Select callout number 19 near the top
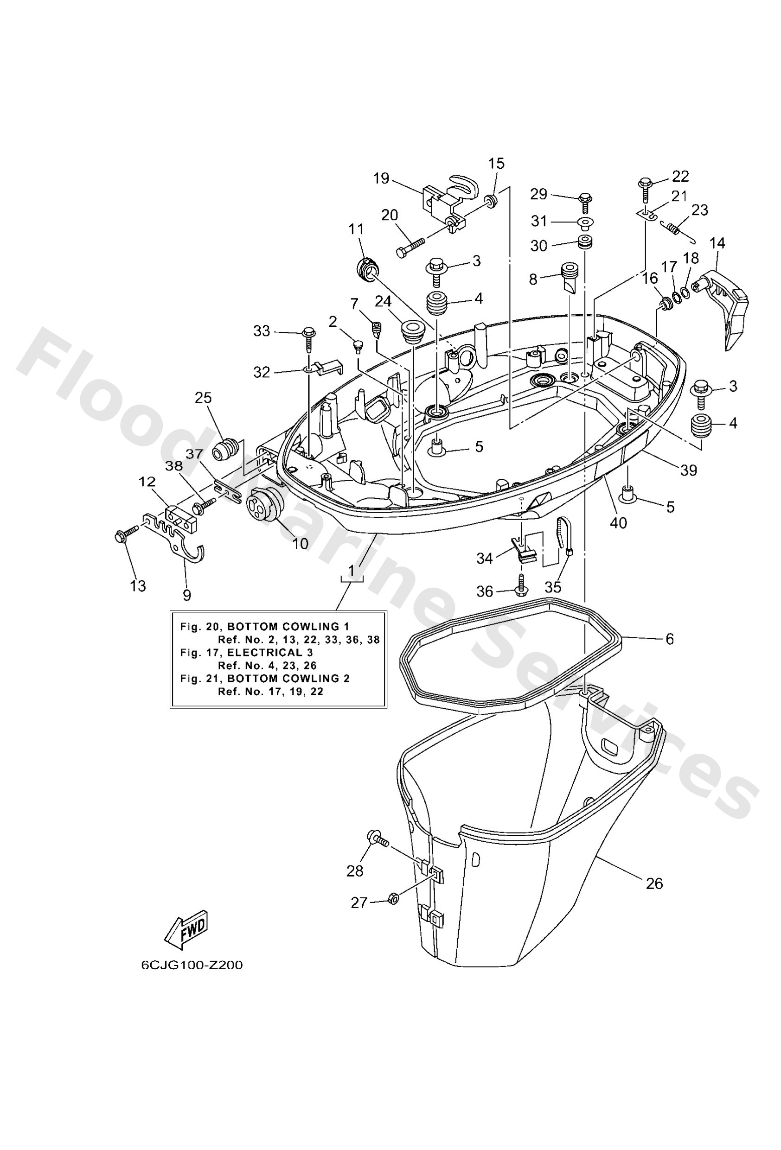click(381, 178)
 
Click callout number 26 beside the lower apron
click(654, 883)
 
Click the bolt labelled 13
click(126, 534)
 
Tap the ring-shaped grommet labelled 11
click(367, 269)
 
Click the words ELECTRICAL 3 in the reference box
click(270, 653)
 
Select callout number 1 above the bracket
click(351, 571)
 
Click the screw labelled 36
click(521, 585)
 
